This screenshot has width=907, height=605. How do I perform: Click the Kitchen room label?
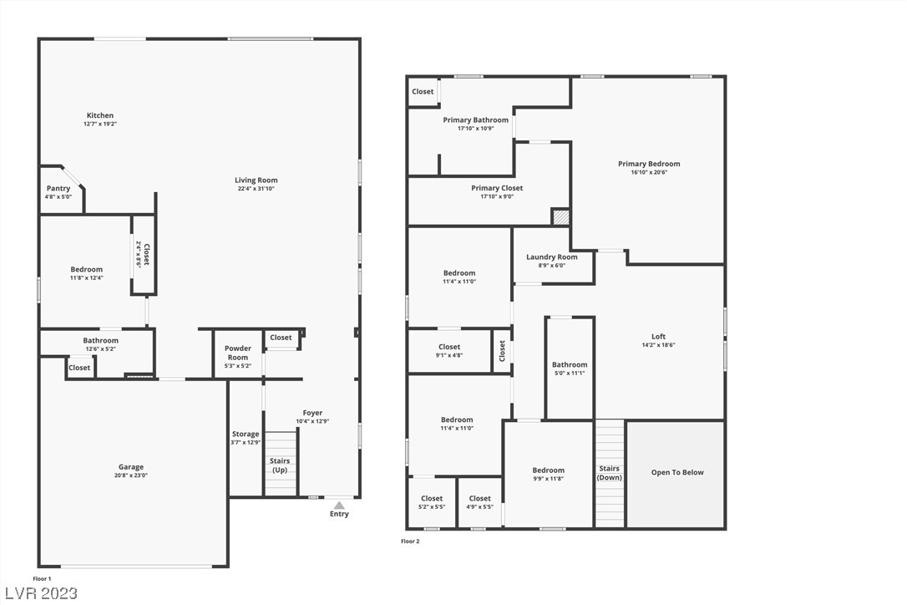100,115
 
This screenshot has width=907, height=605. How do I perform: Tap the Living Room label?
256,180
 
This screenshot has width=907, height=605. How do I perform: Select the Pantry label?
58,188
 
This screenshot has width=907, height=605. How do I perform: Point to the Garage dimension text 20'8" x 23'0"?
131,475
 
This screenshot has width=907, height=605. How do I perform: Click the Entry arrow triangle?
340,506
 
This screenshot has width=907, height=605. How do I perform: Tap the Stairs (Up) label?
280,465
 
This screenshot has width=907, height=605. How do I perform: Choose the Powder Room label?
238,353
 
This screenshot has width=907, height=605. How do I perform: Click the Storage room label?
246,434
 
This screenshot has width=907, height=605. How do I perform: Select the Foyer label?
313,413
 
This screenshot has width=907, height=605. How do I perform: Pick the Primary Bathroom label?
476,119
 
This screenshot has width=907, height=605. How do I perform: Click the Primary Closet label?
497,188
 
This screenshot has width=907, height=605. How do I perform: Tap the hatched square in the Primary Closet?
560,217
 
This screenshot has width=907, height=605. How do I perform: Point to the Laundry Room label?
552,257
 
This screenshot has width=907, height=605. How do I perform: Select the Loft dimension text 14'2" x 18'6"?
659,345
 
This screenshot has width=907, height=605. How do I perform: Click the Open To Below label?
677,472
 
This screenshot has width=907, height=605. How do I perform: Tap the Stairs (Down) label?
610,473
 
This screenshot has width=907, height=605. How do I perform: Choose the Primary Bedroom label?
649,164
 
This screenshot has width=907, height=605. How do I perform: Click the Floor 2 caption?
410,541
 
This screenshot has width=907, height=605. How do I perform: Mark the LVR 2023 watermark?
41,593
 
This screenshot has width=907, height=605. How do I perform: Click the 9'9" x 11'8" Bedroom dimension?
549,479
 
